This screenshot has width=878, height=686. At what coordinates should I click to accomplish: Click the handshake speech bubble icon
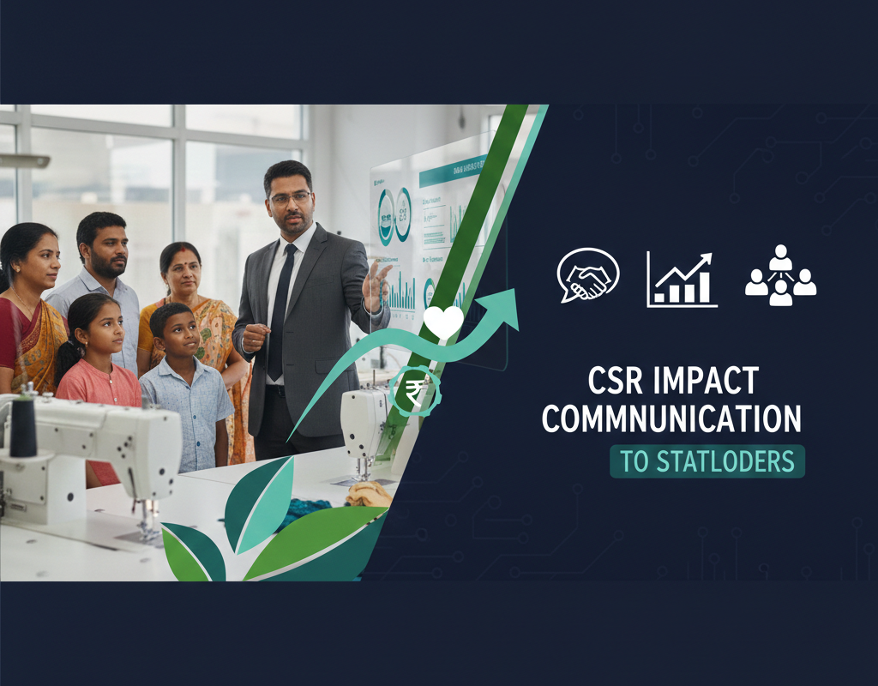[x=587, y=276]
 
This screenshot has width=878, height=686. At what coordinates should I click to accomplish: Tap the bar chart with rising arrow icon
[x=682, y=280]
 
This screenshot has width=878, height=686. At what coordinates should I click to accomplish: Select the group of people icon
[x=780, y=276]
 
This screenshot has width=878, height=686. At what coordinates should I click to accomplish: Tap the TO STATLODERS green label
[x=707, y=460]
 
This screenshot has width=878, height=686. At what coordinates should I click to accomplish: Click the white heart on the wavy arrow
[x=443, y=321]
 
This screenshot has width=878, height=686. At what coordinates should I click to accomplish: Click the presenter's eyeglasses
[x=291, y=197]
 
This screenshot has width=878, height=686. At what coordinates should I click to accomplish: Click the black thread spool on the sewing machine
[x=23, y=426]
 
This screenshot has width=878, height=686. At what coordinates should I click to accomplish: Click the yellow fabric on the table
[x=370, y=493]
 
